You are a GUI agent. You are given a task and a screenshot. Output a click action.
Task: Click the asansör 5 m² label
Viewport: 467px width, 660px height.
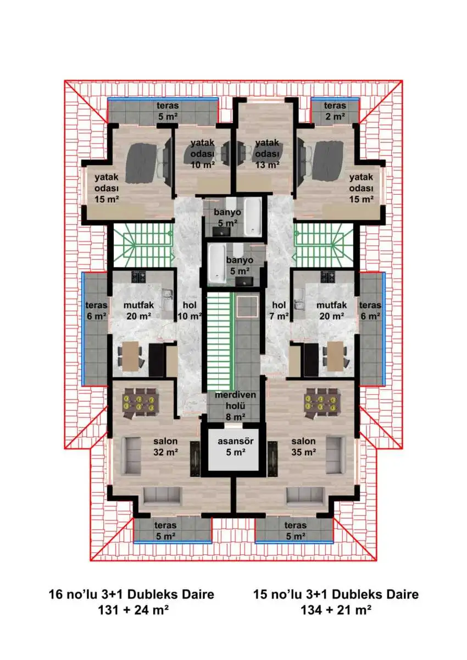point(235,447)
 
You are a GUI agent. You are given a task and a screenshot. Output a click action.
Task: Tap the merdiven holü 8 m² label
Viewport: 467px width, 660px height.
point(235,406)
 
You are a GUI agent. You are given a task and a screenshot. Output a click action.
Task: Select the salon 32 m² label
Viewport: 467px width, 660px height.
point(165,447)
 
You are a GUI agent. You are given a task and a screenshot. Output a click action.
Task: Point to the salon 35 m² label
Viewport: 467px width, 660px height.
point(303,447)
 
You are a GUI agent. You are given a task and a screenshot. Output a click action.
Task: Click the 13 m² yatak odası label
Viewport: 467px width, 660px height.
point(267,154)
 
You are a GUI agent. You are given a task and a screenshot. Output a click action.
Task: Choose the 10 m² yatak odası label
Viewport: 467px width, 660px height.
point(202,154)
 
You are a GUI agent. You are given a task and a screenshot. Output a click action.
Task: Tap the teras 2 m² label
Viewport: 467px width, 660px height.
point(335,111)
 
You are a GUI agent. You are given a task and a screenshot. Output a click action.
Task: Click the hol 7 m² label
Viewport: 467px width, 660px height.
point(279,311)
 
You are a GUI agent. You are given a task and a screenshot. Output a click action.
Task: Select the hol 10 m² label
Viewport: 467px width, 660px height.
point(190,311)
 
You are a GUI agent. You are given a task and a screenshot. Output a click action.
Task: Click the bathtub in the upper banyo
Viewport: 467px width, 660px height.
point(252,217)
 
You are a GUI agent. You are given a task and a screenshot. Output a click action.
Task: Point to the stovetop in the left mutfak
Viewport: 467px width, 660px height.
point(138,277)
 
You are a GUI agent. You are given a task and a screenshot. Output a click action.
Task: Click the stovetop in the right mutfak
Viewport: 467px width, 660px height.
point(329,277)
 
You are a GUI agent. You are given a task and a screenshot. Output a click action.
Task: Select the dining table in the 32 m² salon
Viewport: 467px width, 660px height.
point(140,403)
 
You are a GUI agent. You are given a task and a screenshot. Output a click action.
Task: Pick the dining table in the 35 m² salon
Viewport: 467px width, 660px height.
point(321,403)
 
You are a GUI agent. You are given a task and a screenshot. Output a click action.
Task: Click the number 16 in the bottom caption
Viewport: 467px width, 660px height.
point(55,595)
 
